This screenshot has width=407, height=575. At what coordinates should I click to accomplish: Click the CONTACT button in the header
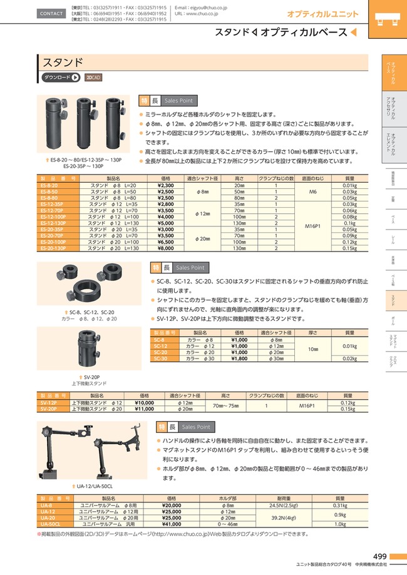51,13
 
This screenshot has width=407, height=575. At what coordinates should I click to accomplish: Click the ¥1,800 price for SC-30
240,359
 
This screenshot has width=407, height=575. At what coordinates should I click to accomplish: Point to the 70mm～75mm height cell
226,405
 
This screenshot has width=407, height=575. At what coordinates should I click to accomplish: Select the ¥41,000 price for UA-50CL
171,524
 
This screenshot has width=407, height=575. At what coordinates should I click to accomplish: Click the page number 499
379,557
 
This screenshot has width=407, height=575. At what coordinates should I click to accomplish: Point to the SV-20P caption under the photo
83,377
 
